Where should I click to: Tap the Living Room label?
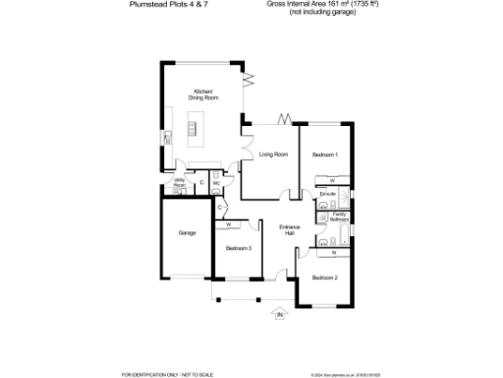(273, 155)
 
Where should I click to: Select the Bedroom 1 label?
(325, 155)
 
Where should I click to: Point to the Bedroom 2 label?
(325, 278)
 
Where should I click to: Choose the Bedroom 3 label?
(239, 248)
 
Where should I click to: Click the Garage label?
(187, 233)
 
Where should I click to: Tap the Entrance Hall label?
(289, 230)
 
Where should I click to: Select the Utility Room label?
(180, 183)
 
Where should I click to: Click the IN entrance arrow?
(279, 315)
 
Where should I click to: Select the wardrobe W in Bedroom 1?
(332, 181)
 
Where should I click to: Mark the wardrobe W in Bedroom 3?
(228, 224)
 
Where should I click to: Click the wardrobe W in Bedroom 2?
(333, 253)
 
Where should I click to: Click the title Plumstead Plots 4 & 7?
(166, 5)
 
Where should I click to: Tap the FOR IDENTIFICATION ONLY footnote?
(157, 374)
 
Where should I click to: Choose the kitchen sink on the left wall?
(169, 137)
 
